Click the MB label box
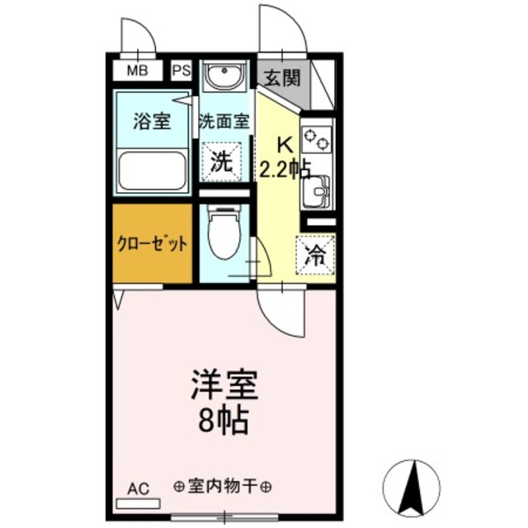(138, 70)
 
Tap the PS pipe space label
(181, 70)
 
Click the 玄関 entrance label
(281, 78)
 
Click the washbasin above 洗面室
(224, 78)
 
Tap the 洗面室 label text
(224, 121)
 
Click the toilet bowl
(223, 235)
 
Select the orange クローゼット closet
(152, 244)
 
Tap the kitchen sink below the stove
(316, 194)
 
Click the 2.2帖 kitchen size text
(285, 170)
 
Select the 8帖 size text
(224, 422)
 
